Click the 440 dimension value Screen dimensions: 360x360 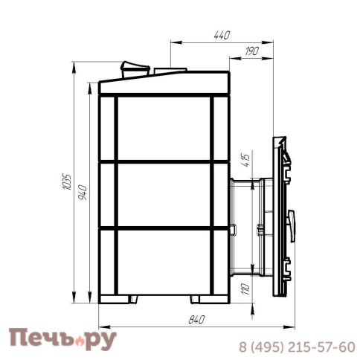pos(222,36)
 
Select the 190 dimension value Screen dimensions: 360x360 pos(251,51)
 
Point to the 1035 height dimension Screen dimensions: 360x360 pos(67,182)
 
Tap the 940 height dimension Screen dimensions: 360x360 pos(83,193)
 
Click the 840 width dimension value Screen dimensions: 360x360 pos(196,320)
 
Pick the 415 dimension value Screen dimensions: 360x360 pos(245,161)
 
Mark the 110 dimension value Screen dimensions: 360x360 pos(245,289)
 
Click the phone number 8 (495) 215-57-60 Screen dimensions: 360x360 pos(297,347)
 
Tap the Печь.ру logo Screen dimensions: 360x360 pos(62,339)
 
